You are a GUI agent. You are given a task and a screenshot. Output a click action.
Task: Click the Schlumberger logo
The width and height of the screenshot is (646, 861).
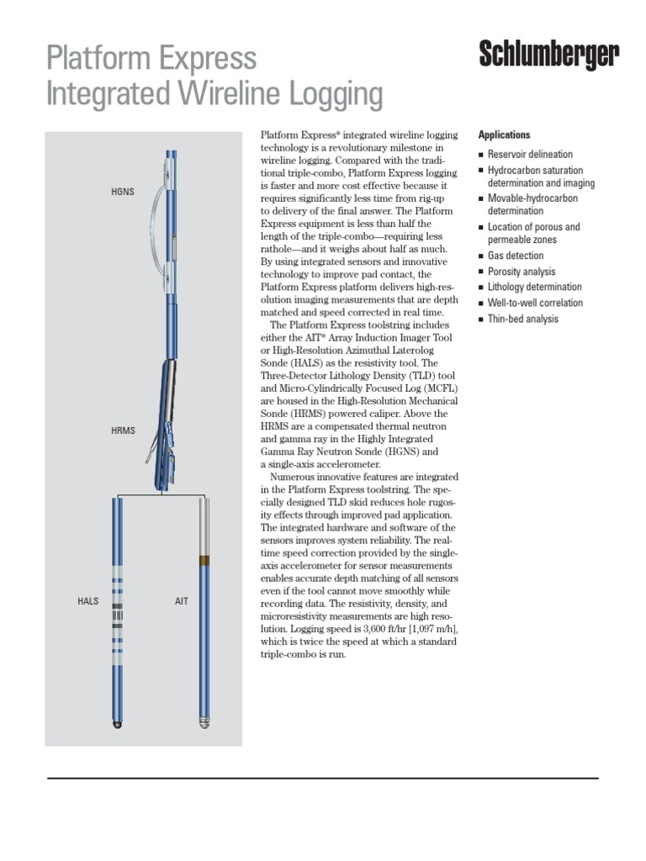[549, 55]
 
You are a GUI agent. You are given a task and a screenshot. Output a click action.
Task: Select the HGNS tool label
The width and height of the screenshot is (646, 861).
[123, 193]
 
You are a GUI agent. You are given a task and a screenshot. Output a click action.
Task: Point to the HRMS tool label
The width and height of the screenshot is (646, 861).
[123, 431]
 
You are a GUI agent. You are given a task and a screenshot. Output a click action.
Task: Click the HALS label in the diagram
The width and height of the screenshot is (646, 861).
[88, 603]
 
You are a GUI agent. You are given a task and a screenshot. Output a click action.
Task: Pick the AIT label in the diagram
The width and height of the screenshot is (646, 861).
[182, 603]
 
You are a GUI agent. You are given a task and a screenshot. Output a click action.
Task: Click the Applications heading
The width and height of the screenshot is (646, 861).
[504, 135]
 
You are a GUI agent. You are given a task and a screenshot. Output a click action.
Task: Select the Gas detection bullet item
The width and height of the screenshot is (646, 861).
[516, 256]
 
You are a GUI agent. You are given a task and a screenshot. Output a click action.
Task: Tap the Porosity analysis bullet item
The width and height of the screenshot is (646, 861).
[522, 272]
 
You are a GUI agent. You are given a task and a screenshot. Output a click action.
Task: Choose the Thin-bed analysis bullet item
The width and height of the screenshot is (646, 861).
[522, 319]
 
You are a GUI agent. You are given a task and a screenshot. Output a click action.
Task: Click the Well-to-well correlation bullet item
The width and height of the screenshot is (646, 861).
[535, 303]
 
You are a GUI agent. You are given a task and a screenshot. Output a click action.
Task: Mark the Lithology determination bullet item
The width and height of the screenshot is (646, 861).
[534, 287]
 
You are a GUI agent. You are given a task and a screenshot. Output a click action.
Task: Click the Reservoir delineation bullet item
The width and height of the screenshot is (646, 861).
[530, 155]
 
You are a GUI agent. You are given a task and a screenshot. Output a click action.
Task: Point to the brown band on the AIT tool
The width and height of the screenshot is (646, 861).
[202, 559]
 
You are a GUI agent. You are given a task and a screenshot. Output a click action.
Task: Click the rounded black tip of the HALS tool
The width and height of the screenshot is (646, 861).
[118, 724]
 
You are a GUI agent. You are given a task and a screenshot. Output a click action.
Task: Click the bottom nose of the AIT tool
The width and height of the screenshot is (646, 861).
[203, 722]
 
